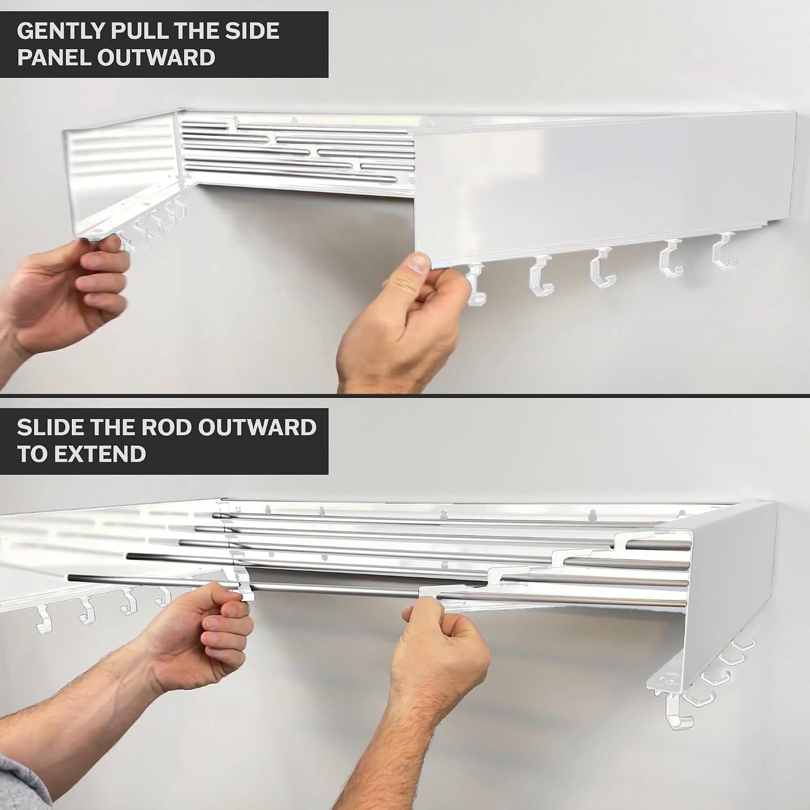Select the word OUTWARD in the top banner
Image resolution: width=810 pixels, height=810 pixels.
pyautogui.click(x=156, y=57)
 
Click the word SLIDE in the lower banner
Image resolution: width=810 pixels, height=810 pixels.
pyautogui.click(x=49, y=427)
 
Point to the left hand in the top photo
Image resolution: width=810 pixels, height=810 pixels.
pyautogui.click(x=63, y=294)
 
